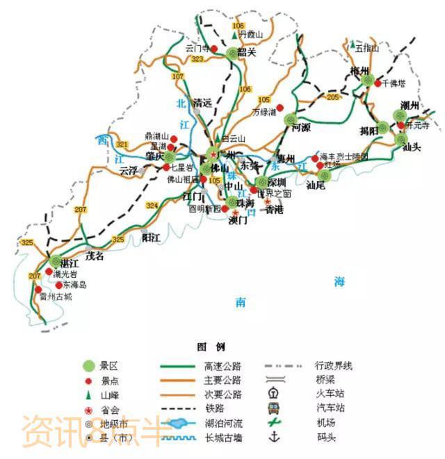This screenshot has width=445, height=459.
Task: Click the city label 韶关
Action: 247,52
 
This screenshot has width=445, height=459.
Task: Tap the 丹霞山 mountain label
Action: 251,34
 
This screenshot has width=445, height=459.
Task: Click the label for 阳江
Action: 152,237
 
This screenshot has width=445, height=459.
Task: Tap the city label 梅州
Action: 359,69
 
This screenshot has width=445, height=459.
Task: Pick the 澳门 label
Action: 238,222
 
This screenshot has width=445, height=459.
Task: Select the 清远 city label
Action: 202,103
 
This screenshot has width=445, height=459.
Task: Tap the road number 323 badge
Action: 197,60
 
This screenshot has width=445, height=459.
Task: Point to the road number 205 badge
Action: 332,98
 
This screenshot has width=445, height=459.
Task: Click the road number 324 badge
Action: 152,206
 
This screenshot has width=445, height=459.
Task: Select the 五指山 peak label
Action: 366,49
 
